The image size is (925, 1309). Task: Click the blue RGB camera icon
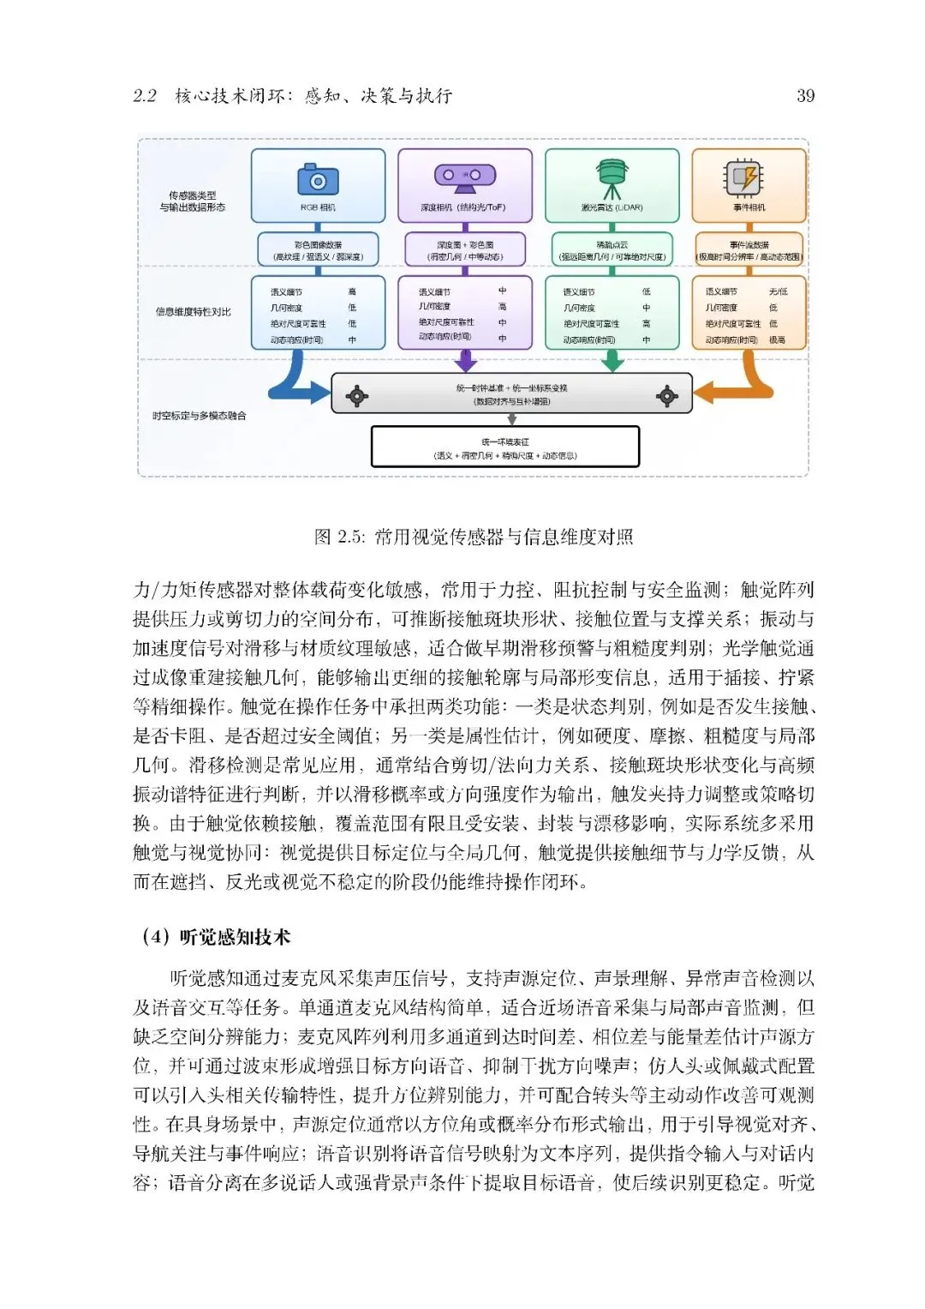[x=318, y=180]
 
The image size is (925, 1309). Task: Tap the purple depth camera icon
[x=464, y=176]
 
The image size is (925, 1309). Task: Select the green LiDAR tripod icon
[x=612, y=177]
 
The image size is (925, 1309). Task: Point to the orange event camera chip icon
[x=743, y=177]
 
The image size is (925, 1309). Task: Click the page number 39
[x=805, y=96]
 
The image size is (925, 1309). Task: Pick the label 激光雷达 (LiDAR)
[x=612, y=207]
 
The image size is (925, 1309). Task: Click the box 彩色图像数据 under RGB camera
[x=318, y=250]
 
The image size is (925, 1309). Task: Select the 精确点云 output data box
[x=612, y=250]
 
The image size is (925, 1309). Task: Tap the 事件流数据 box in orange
[x=749, y=250]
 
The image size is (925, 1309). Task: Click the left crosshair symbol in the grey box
[x=356, y=395]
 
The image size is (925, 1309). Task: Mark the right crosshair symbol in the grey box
[x=666, y=395]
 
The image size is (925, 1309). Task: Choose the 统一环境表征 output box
[x=504, y=447]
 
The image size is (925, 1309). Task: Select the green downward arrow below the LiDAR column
[x=612, y=361]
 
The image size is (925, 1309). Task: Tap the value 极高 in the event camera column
[x=777, y=340]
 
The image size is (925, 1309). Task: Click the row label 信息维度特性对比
[x=193, y=311]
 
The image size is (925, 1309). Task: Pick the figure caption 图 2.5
[x=474, y=537]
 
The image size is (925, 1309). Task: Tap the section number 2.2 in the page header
[x=145, y=96]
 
